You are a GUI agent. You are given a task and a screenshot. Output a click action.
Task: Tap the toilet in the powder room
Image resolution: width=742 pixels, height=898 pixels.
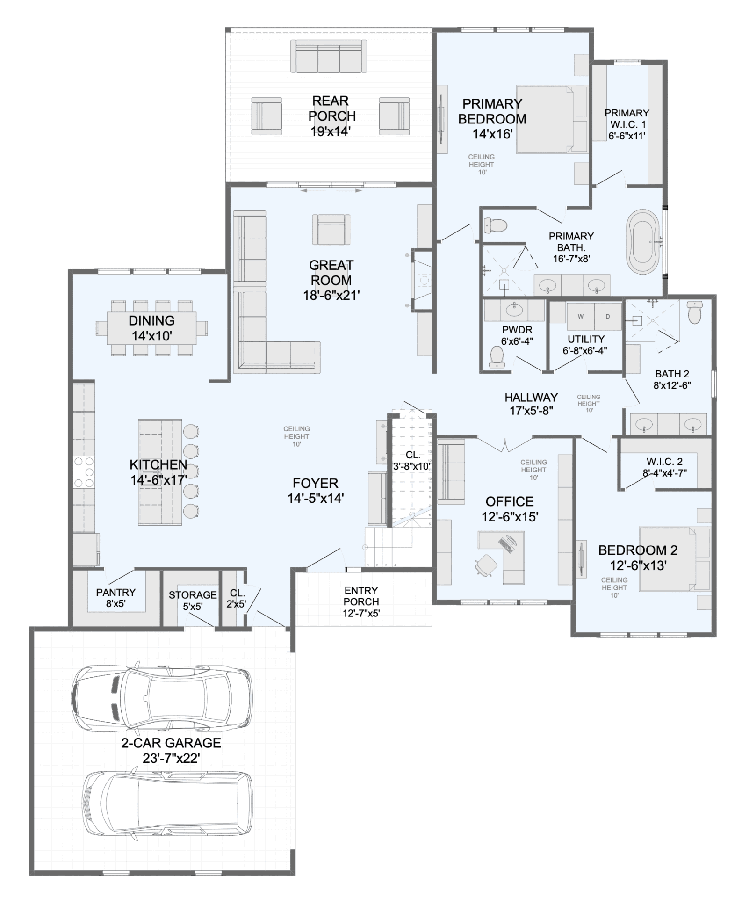(497, 357)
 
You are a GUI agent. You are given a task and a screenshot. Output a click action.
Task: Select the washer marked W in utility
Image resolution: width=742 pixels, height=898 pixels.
(580, 316)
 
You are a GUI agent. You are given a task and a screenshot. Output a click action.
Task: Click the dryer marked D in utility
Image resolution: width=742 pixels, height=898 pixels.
(608, 316)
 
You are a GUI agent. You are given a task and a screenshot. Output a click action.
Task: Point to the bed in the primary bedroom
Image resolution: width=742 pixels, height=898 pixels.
(552, 119)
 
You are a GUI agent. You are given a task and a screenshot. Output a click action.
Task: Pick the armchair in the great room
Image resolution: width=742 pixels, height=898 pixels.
(331, 229)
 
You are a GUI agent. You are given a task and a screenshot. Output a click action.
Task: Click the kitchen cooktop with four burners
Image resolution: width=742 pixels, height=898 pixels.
(84, 472)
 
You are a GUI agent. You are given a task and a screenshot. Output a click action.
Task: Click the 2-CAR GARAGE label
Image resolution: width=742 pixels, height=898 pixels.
(171, 743)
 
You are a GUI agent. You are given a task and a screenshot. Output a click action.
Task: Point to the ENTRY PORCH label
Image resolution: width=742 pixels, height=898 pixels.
(361, 596)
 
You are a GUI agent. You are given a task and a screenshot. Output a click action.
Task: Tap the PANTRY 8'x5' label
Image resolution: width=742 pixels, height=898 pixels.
(115, 598)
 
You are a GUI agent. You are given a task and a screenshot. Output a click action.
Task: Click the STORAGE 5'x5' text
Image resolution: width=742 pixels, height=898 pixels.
(193, 600)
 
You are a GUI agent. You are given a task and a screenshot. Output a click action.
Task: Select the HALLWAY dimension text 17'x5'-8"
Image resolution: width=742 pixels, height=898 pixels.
(531, 411)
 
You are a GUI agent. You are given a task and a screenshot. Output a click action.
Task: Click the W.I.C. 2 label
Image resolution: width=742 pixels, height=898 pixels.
(664, 462)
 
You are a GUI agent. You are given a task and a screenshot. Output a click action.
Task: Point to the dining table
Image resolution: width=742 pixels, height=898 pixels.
(152, 328)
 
